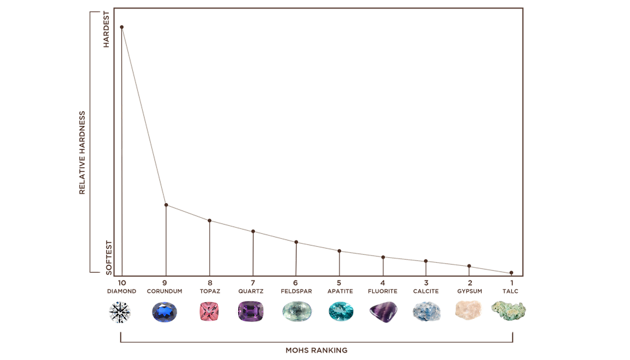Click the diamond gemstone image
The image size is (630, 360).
point(120,312)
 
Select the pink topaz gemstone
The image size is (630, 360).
point(210,312)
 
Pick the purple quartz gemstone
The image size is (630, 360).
point(251,311)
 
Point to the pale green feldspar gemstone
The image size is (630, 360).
point(295,311)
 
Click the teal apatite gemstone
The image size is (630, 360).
point(339,311)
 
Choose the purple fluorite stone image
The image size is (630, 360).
point(383,311)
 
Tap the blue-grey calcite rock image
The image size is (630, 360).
point(426,311)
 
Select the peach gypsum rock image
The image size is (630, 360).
point(469,310)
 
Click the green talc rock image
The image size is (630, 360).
point(510,310)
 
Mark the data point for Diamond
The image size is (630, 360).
point(122,26)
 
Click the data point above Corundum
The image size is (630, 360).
point(165,204)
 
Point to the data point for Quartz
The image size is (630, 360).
point(253,231)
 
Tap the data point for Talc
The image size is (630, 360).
point(511,273)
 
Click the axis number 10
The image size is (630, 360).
point(120,282)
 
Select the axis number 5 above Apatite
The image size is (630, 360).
point(339,282)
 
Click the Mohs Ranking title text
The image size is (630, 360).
point(317,350)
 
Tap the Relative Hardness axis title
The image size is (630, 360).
point(82,153)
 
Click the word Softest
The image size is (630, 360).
point(109,257)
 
